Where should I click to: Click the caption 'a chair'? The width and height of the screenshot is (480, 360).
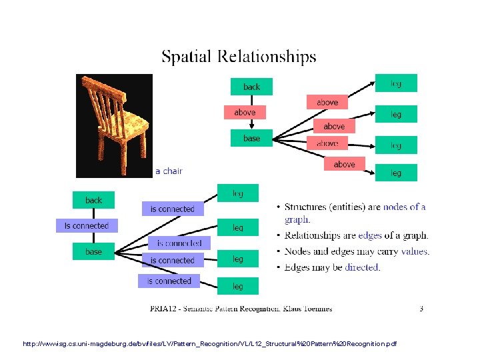tap(169, 171)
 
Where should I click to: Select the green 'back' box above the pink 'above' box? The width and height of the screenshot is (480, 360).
tap(251, 87)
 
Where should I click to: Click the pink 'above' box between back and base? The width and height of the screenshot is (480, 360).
tap(245, 112)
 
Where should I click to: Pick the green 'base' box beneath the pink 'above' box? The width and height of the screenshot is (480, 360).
tap(251, 138)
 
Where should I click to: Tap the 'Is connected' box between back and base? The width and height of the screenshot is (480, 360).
tap(87, 226)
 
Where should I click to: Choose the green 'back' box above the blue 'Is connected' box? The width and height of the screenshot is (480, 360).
tap(94, 200)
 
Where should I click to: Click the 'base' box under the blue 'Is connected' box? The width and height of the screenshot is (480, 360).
tap(94, 251)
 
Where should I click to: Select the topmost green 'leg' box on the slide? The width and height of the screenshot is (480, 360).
tap(396, 83)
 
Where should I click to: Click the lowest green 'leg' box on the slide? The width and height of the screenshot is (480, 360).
tap(238, 286)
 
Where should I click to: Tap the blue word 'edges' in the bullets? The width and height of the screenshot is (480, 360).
tap(371, 235)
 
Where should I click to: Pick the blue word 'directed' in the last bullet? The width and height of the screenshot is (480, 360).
tap(362, 267)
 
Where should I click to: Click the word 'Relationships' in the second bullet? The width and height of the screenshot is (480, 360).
tap(319, 235)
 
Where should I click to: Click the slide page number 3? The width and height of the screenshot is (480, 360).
tap(421, 308)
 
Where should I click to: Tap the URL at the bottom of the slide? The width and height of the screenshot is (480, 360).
tap(208, 344)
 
